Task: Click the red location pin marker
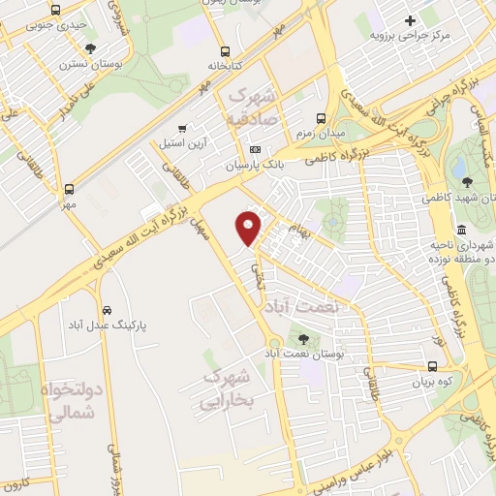coord(249,228)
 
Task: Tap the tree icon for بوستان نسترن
coord(91,47)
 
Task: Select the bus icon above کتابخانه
coord(225,51)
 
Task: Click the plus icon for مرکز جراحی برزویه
coord(411,20)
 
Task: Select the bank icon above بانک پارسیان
coord(255,149)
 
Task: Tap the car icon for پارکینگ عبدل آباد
coord(103,310)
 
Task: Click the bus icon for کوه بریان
coord(432,367)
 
